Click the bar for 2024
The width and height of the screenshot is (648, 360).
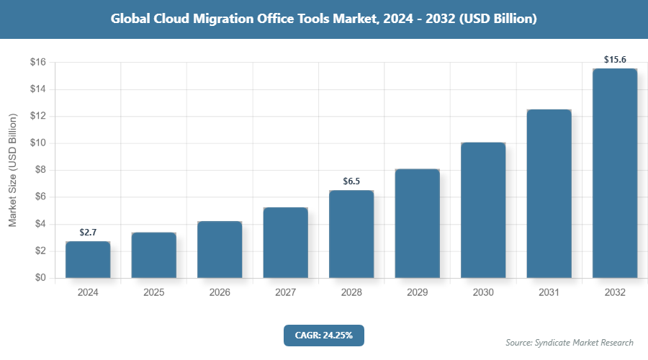pos(88,260)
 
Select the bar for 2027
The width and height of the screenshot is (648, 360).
pos(285,243)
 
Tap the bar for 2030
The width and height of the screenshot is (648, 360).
pos(483,210)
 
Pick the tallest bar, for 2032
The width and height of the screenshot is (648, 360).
pos(615,174)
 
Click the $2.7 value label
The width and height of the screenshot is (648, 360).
pos(88,233)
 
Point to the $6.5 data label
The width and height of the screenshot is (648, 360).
pos(351,181)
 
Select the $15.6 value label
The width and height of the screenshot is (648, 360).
pos(615,60)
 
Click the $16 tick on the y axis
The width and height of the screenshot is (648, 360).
pos(38,63)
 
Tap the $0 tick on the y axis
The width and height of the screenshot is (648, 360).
pos(40,278)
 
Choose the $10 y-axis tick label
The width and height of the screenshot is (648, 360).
pos(38,143)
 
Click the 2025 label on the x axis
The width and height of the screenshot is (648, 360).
pos(153,293)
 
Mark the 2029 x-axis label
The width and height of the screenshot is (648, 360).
pos(417,293)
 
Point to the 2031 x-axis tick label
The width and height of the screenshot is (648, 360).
pos(549,293)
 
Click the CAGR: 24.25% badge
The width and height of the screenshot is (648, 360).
pos(323,336)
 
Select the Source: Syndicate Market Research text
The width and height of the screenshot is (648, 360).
pos(570,343)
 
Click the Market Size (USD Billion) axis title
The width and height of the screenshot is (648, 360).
pos(12,170)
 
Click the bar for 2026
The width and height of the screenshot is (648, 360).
pos(220,250)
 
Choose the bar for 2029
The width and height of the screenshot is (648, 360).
pos(417,223)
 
